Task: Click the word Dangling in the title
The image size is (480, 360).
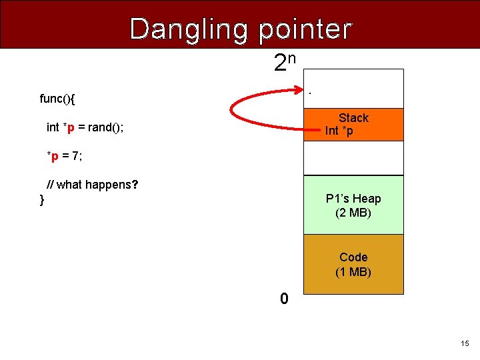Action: pos(189,29)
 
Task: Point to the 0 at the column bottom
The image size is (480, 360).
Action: pos(284,299)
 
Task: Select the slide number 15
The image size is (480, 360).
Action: pos(464,343)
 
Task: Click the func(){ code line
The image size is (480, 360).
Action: pos(57,99)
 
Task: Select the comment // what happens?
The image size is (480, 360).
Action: pos(93,185)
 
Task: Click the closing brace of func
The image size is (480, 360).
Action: pos(42,199)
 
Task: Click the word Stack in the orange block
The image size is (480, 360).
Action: pos(353,118)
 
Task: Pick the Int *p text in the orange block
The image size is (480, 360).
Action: pos(339,131)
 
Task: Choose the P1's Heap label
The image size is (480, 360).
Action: pos(353,199)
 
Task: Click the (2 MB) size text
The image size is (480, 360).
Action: pos(353,213)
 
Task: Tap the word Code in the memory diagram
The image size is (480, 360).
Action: pos(353,257)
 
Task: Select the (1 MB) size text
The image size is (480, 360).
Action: pos(353,272)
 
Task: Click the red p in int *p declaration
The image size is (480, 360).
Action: pos(71,127)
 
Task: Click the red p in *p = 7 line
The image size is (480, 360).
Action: pos(55,156)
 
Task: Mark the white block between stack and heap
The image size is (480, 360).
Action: pos(353,158)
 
